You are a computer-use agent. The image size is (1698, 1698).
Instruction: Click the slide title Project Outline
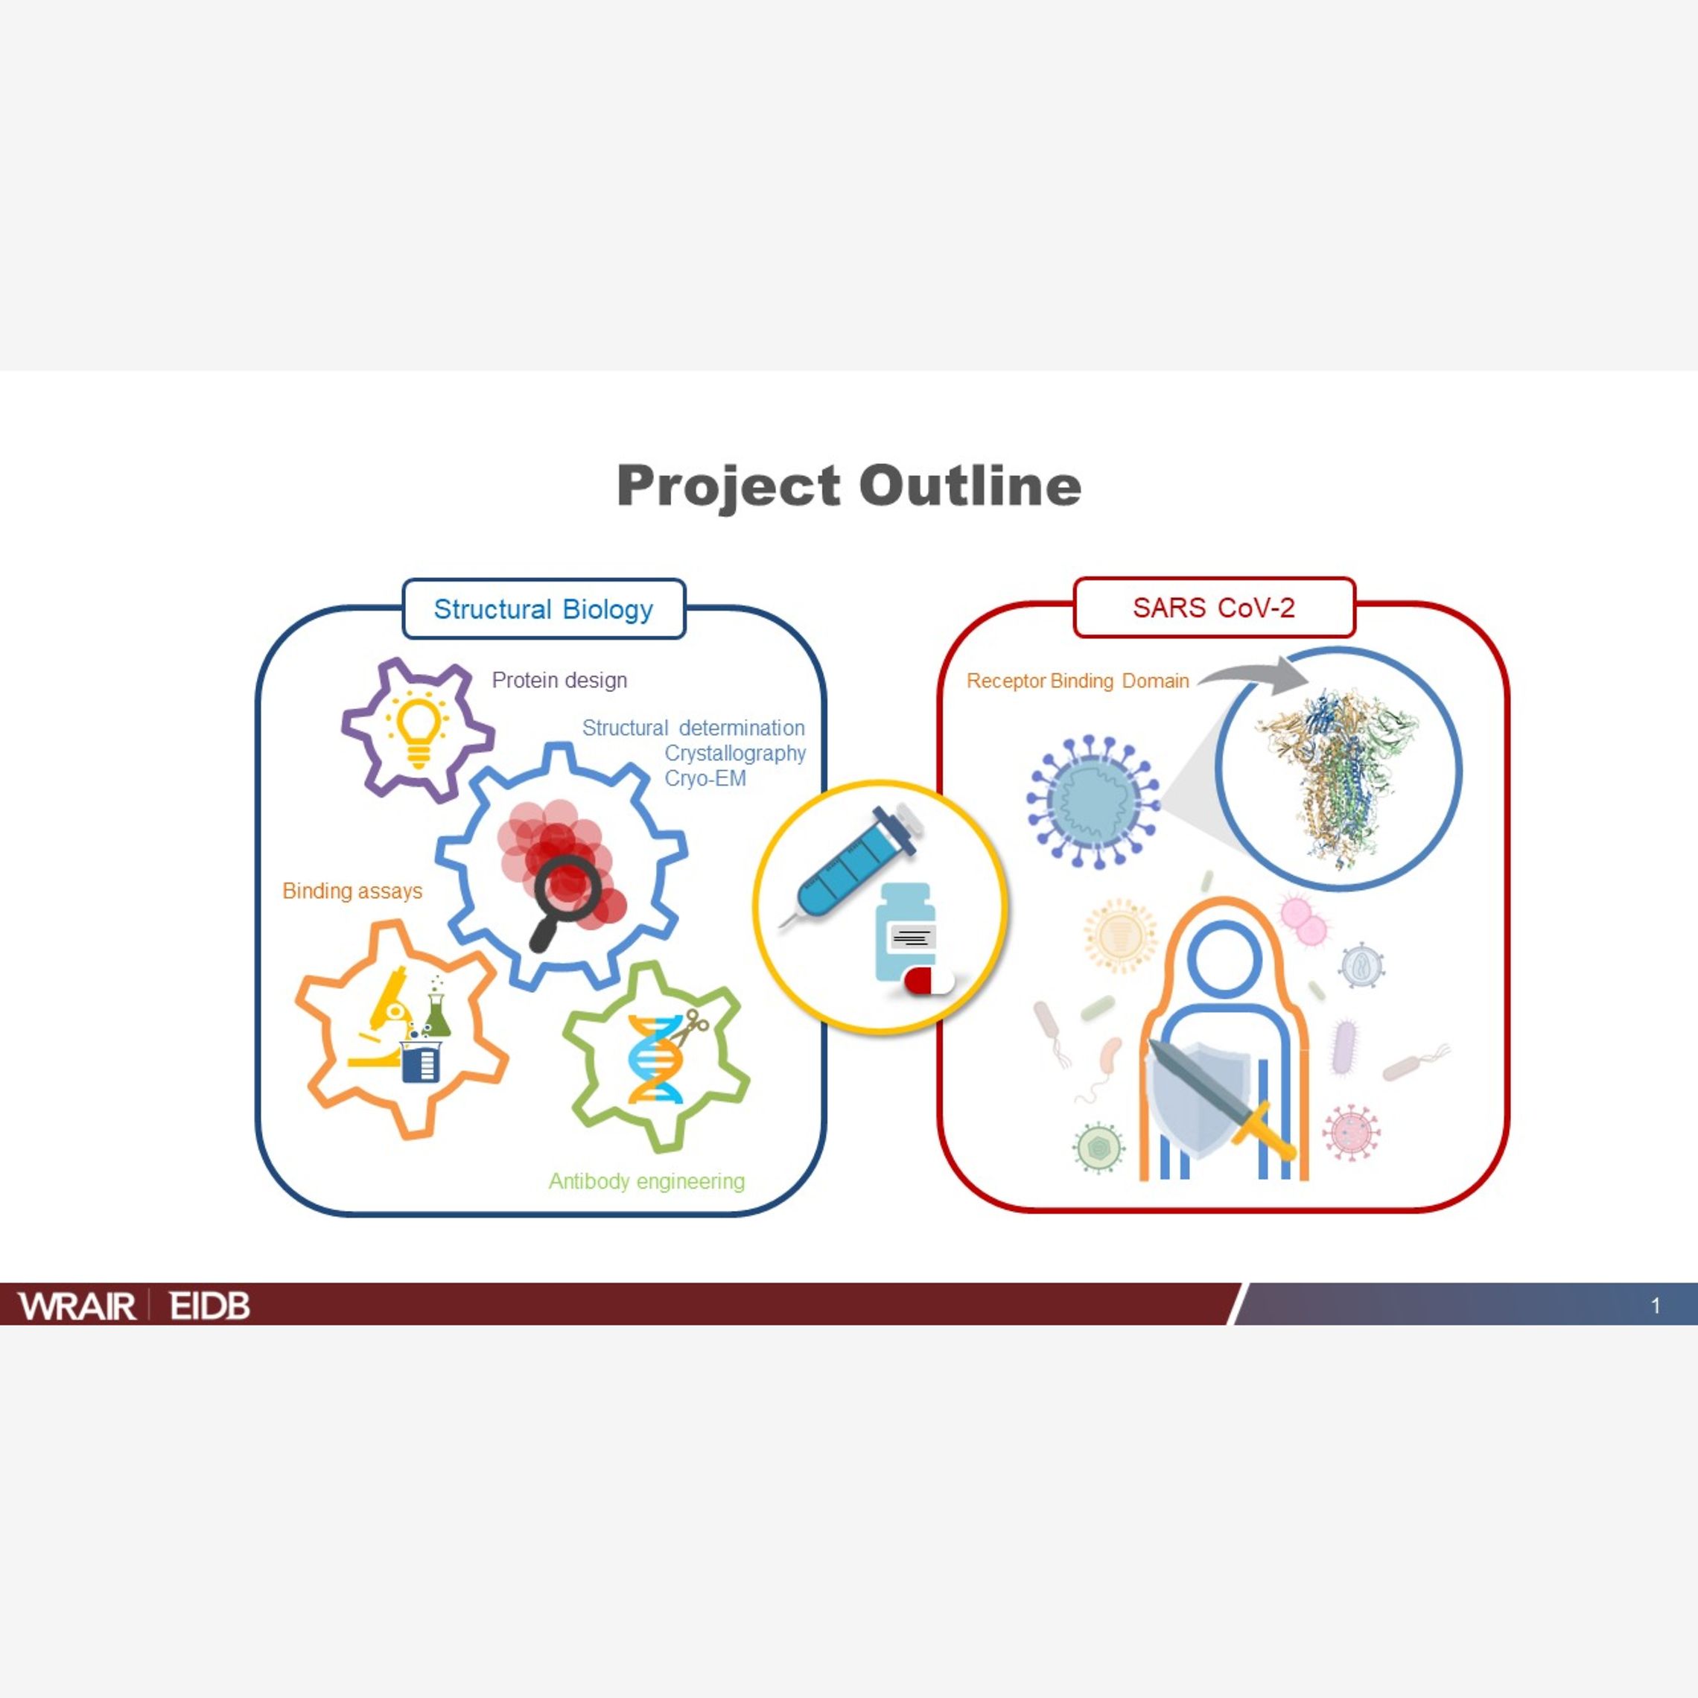click(x=848, y=485)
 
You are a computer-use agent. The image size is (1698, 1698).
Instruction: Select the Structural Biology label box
click(x=543, y=609)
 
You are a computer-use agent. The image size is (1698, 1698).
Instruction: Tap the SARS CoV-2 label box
click(x=1213, y=607)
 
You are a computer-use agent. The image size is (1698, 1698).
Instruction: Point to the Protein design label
click(x=559, y=680)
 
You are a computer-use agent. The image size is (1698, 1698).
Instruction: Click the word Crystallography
click(x=735, y=753)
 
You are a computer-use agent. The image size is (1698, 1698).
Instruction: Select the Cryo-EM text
click(x=705, y=779)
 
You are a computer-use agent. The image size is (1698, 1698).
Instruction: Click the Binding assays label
click(x=352, y=891)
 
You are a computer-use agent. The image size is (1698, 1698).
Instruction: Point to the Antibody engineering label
click(x=646, y=1181)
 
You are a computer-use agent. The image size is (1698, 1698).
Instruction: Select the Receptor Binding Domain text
click(x=1077, y=681)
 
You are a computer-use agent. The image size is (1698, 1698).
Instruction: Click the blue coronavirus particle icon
click(x=1093, y=801)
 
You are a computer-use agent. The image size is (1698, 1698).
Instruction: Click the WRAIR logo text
click(x=77, y=1306)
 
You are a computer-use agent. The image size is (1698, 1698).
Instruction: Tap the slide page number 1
click(x=1656, y=1306)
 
